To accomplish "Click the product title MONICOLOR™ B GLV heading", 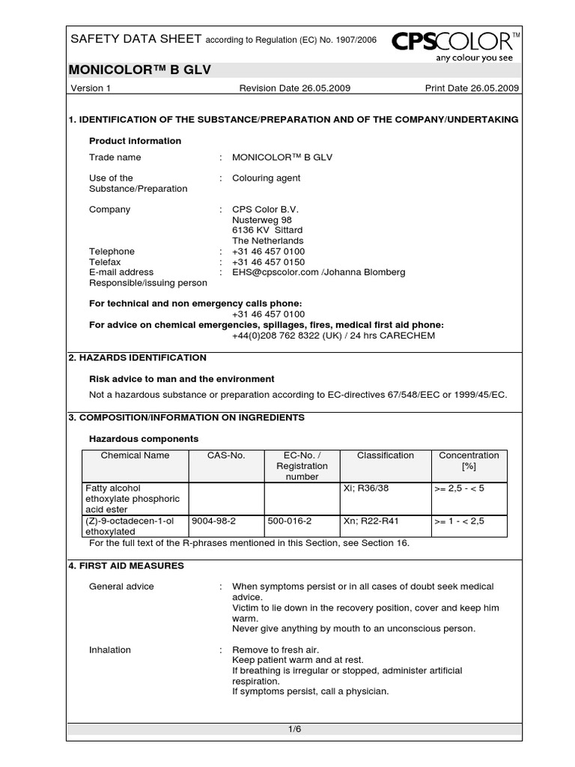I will coord(140,70).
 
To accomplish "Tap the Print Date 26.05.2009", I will coord(472,88).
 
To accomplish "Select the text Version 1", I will coord(91,88).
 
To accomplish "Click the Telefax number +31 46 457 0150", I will coord(268,262).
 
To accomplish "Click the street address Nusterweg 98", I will coord(262,220).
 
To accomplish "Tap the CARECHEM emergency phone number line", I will coord(333,336).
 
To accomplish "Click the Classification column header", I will coord(385,455).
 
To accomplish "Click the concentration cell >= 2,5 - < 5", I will coord(459,488).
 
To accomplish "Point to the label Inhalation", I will coord(110,649).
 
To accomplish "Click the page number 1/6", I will coord(293,728).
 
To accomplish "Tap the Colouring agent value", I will coord(266,178).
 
